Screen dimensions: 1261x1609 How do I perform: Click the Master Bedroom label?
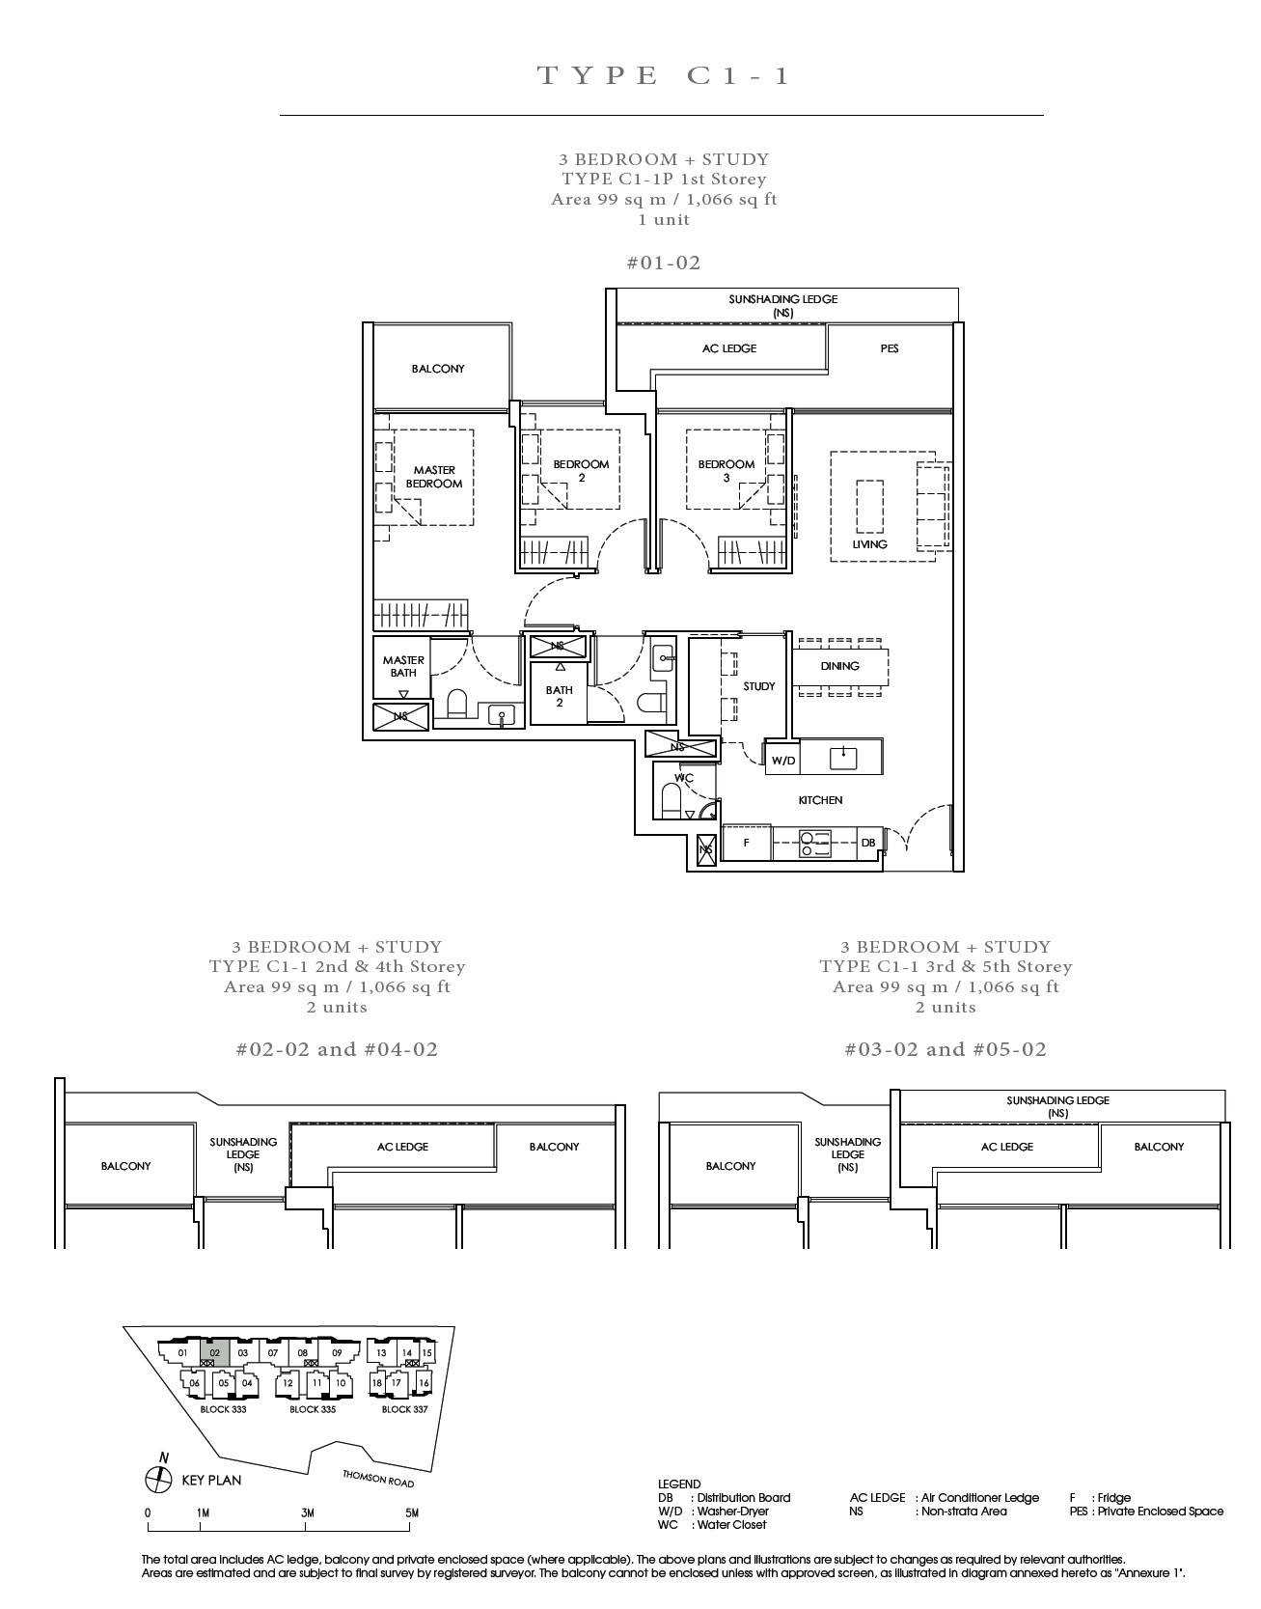tap(434, 477)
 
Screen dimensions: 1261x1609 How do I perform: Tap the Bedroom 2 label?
tap(581, 470)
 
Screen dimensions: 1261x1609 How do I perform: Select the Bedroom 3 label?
tap(726, 470)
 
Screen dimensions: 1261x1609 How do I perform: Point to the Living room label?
tap(869, 544)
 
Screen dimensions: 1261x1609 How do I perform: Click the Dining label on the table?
tap(839, 666)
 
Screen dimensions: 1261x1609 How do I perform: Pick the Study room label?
tap(759, 686)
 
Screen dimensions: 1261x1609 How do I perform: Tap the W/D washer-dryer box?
tap(783, 760)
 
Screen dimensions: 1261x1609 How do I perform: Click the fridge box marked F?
tap(747, 843)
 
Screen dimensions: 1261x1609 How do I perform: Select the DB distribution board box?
tap(868, 843)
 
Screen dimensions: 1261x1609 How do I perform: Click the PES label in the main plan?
tap(890, 348)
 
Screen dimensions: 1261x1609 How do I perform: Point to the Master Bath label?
tap(403, 667)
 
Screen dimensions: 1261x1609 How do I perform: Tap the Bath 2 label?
tap(560, 696)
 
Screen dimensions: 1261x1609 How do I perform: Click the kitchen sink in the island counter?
tap(844, 757)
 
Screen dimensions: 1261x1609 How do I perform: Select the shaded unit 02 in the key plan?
tap(215, 1352)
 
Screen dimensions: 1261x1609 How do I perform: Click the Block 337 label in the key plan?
tap(404, 1409)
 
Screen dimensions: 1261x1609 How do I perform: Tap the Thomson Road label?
tap(378, 1479)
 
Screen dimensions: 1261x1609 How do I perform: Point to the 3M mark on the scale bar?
tap(307, 1512)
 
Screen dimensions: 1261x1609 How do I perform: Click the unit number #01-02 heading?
tap(664, 263)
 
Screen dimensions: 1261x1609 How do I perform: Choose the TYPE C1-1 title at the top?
tap(664, 75)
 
